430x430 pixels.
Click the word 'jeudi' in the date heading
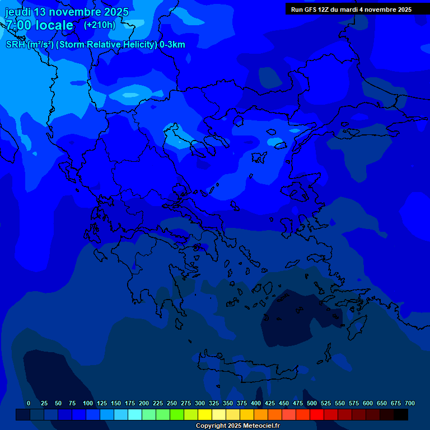[18, 12]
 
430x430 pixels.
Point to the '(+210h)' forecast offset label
[99, 25]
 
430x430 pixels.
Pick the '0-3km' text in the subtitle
[172, 45]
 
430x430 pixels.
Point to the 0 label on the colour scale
[29, 403]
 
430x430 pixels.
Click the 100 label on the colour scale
[88, 403]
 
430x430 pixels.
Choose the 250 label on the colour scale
[172, 403]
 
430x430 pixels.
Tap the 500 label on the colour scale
[312, 403]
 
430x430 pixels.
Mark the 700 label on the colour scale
[410, 403]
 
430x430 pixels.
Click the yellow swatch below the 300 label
[205, 415]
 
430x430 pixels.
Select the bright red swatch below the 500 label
[317, 415]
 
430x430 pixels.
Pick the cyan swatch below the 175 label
[135, 415]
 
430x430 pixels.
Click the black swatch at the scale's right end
[401, 415]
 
